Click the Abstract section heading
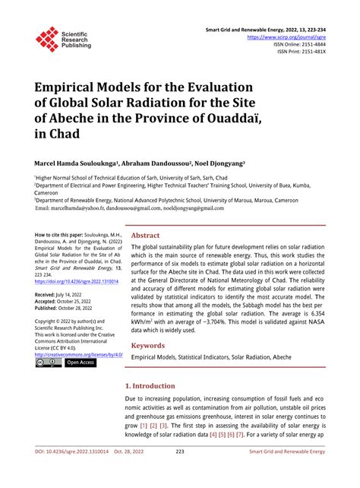[145, 236]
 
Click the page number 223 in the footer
[180, 474]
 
